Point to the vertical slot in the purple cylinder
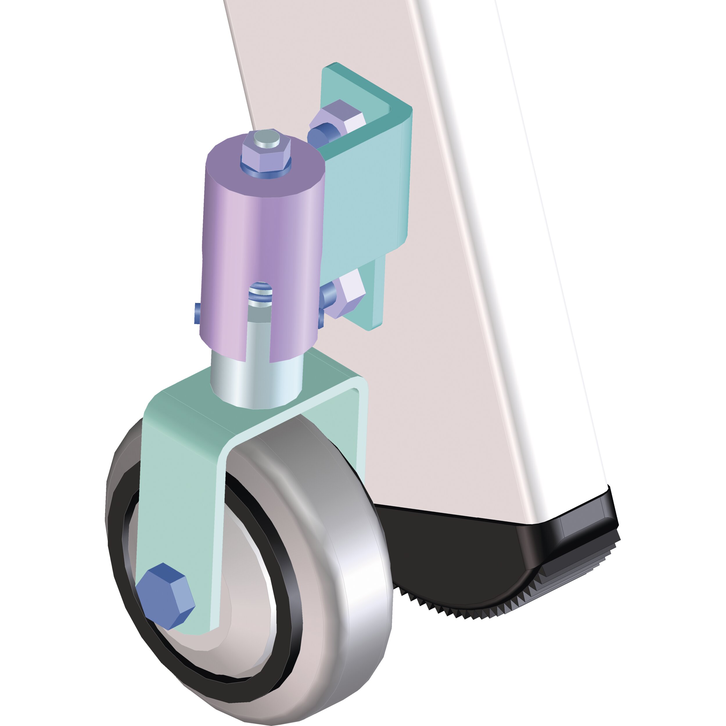click(259, 331)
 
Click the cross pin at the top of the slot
click(261, 290)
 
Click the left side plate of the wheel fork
click(177, 507)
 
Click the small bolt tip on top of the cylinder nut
click(267, 138)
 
